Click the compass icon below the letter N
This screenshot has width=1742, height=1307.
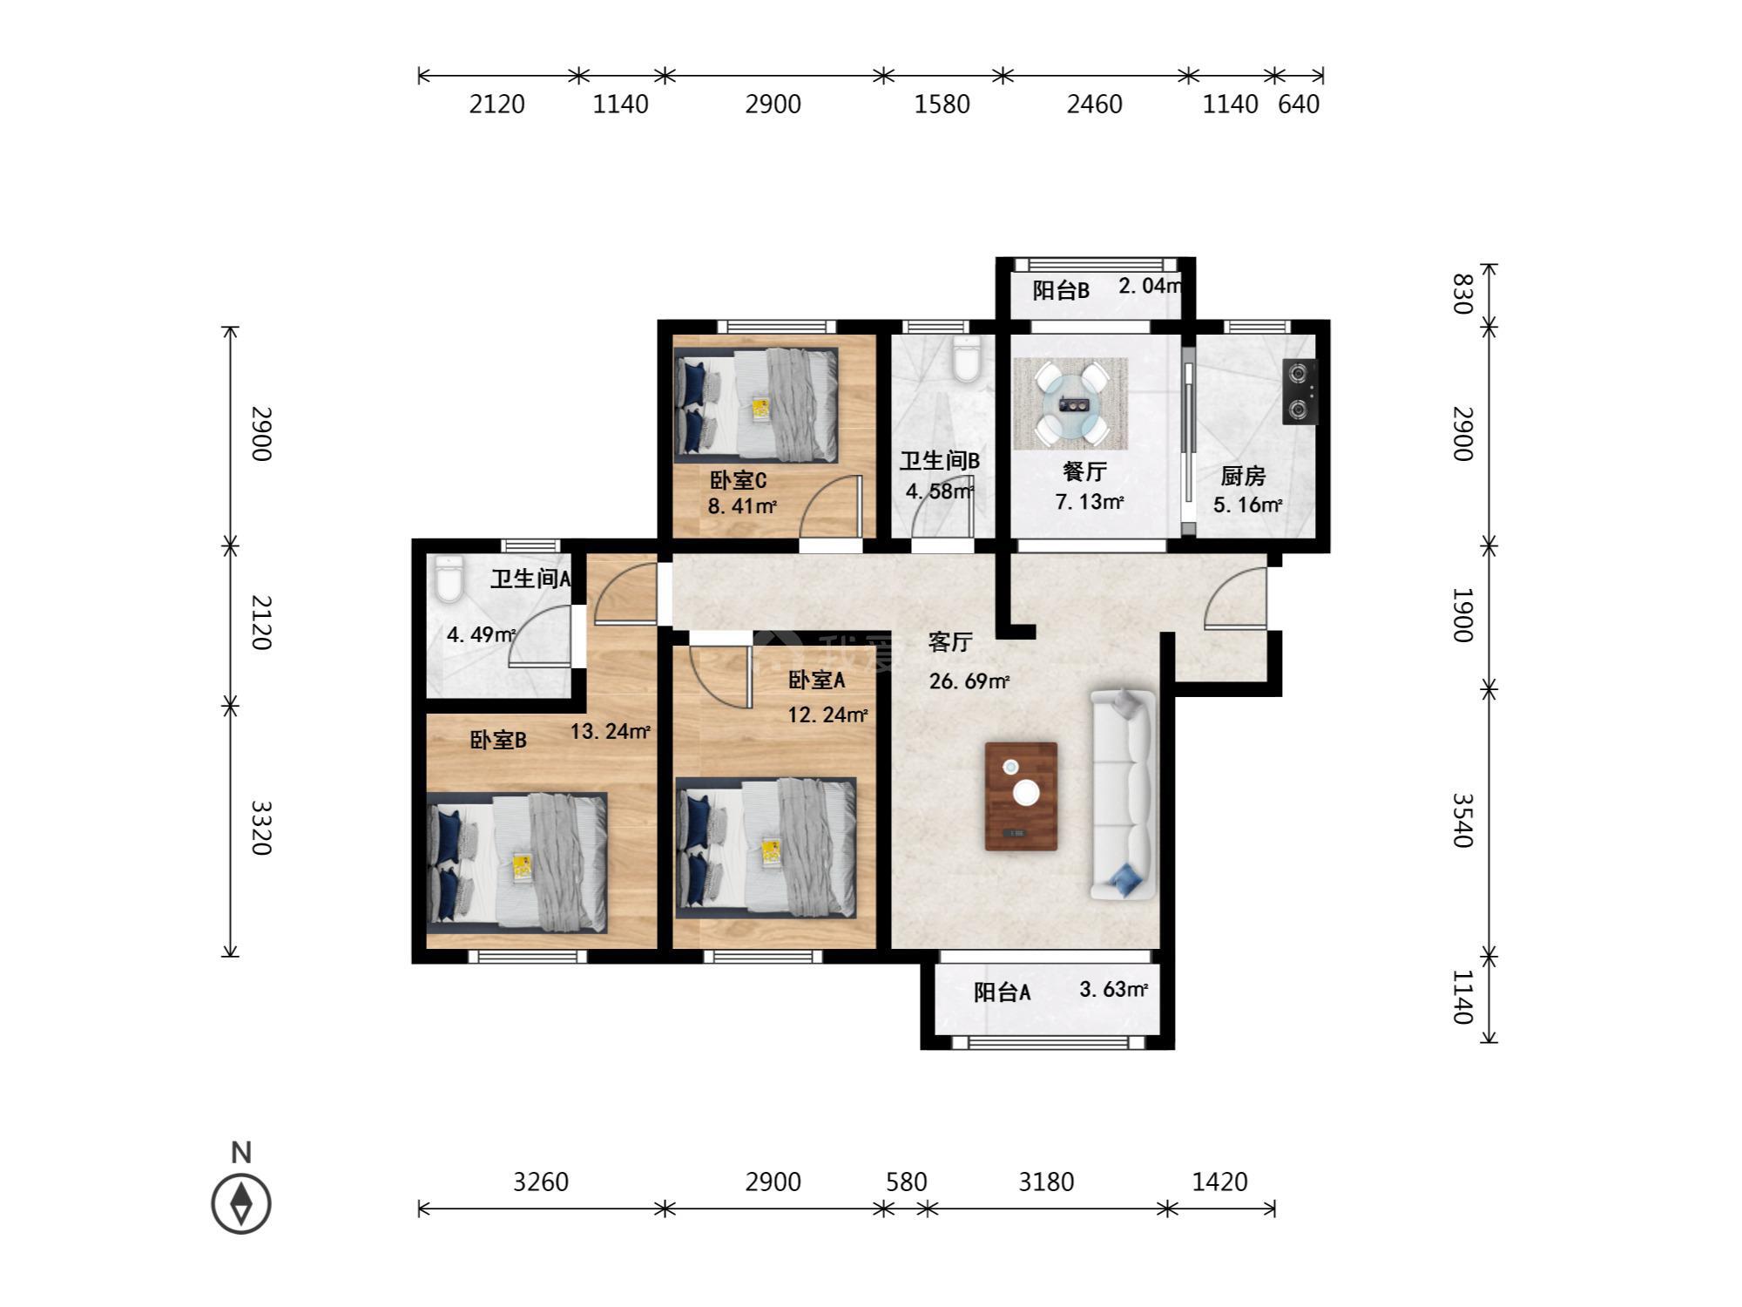click(x=241, y=1203)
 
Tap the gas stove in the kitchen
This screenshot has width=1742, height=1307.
click(x=1300, y=392)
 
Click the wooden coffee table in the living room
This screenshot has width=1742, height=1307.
click(x=1021, y=796)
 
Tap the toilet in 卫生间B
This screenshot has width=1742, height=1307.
click(x=967, y=359)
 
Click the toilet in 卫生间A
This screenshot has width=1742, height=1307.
click(x=449, y=579)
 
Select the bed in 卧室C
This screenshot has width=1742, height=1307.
click(x=756, y=403)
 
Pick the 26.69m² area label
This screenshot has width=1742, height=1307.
click(x=969, y=681)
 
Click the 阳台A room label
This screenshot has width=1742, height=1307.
click(x=1002, y=992)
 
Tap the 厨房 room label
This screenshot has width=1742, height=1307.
click(x=1242, y=476)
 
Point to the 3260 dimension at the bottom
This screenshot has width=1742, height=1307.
click(x=541, y=1182)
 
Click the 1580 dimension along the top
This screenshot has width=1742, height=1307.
click(x=942, y=104)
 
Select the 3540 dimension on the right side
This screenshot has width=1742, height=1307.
click(x=1463, y=820)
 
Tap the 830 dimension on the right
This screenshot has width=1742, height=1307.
click(x=1463, y=294)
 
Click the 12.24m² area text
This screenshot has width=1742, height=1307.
click(x=827, y=715)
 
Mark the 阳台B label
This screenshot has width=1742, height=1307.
click(x=1061, y=290)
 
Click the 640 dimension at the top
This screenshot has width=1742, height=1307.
click(x=1299, y=104)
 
